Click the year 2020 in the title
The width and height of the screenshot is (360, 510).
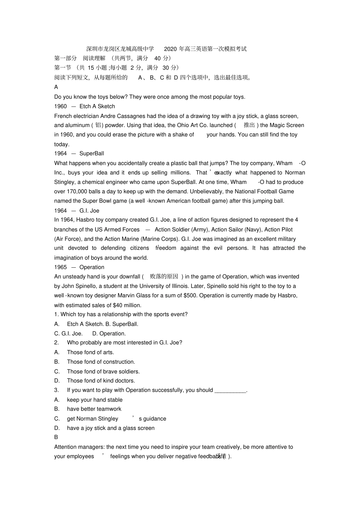171,49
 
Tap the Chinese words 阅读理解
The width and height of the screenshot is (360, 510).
94,58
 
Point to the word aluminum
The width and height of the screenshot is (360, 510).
77,125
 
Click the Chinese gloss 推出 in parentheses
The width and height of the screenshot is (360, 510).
249,125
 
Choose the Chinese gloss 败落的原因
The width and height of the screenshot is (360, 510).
164,276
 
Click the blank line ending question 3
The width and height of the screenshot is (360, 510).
230,390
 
